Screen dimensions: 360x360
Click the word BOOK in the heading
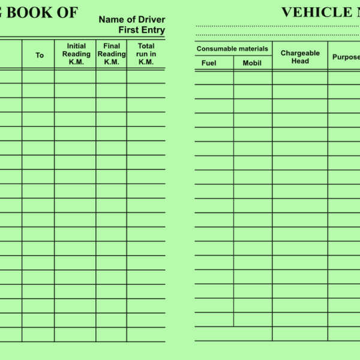pyautogui.click(x=33, y=13)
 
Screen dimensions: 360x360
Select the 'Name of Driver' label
pyautogui.click(x=131, y=20)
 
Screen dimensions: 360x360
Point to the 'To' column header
pyautogui.click(x=40, y=55)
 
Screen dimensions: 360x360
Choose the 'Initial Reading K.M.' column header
pyautogui.click(x=76, y=54)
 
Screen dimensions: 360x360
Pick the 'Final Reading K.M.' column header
pyautogui.click(x=112, y=54)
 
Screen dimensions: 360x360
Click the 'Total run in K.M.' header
pyautogui.click(x=146, y=54)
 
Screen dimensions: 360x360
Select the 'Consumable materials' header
pyautogui.click(x=232, y=49)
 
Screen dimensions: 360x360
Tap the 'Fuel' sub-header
pyautogui.click(x=209, y=63)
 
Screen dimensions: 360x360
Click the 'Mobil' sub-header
pyautogui.click(x=252, y=63)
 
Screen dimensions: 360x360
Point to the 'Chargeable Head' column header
pyautogui.click(x=300, y=57)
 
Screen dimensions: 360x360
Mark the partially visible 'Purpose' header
pyautogui.click(x=346, y=57)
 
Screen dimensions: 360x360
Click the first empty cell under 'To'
pyautogui.click(x=38, y=76)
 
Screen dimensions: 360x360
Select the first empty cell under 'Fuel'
pyautogui.click(x=214, y=77)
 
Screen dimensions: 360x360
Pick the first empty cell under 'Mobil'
pyautogui.click(x=253, y=77)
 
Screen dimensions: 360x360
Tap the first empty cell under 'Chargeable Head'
pyautogui.click(x=300, y=77)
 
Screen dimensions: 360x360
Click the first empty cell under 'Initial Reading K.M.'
pyautogui.click(x=75, y=76)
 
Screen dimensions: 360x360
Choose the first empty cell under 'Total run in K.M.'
pyautogui.click(x=146, y=76)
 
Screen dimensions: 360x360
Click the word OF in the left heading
pyautogui.click(x=68, y=13)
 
